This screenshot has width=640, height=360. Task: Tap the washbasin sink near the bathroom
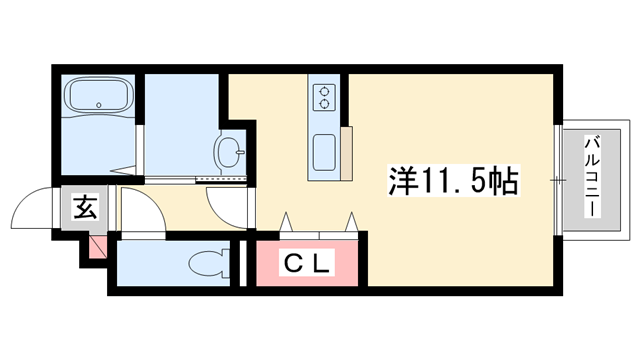(x=229, y=152)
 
